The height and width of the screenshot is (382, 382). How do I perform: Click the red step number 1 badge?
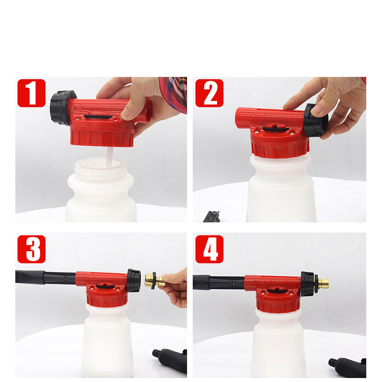(32, 93)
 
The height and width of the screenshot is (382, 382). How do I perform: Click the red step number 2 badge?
(209, 93)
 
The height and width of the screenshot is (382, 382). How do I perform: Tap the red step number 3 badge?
(32, 249)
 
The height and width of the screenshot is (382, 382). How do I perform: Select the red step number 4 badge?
(209, 249)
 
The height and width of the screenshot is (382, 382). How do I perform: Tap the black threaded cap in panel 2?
(316, 120)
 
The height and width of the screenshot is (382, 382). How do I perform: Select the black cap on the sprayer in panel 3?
(134, 280)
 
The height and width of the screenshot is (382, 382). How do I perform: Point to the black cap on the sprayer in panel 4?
(307, 284)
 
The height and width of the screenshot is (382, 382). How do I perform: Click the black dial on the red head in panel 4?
(276, 290)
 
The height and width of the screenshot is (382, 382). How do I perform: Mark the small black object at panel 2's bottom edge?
(212, 217)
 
